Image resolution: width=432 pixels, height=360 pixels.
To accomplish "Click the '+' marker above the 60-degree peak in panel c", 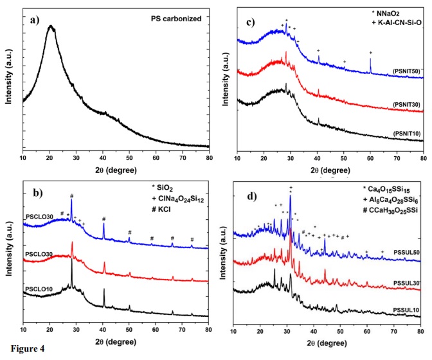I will (370, 52).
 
